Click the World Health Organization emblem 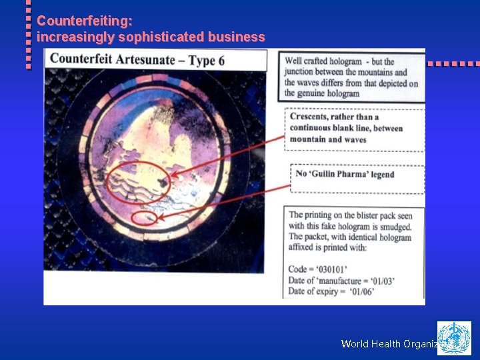454,338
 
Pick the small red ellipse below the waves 144,217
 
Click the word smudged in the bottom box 391,227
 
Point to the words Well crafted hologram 323,62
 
